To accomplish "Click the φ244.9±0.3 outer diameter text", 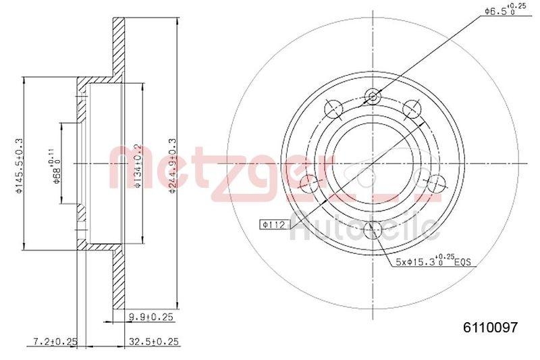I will [172, 164].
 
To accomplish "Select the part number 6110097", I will [489, 328].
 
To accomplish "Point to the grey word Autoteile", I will [364, 228].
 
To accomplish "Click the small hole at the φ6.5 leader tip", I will [371, 97].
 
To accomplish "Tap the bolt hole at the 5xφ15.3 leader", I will [371, 230].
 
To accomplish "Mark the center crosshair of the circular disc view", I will [371, 163].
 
